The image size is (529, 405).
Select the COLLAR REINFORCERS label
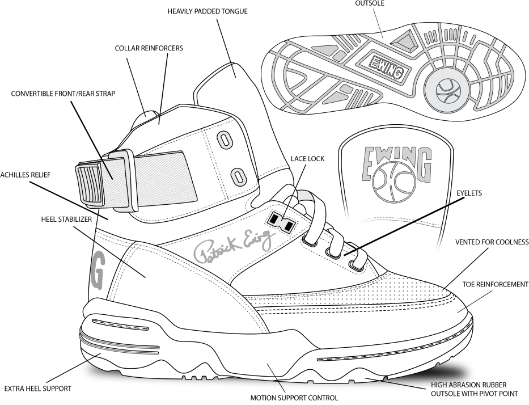point(149,48)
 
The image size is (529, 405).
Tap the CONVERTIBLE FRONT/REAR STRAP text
point(63,94)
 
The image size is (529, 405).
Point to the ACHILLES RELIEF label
point(26,175)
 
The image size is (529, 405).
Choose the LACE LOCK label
point(307,159)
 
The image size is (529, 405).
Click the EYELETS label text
point(469,193)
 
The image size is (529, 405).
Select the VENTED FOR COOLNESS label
point(492,242)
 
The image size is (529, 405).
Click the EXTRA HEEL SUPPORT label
point(37,389)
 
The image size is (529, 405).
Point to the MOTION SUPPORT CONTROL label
point(294,397)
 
